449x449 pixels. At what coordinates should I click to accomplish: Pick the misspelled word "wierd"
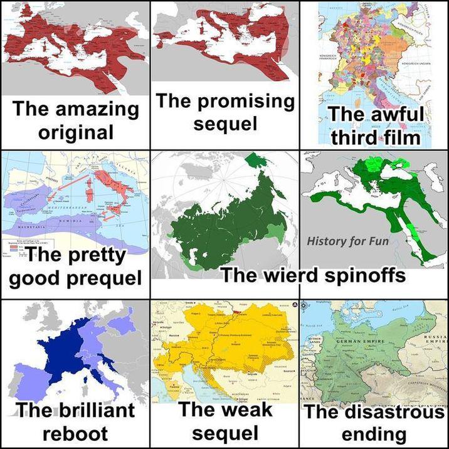pyautogui.click(x=300, y=275)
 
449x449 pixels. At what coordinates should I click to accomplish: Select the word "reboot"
pyautogui.click(x=75, y=433)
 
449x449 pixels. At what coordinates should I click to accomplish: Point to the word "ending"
pyautogui.click(x=374, y=434)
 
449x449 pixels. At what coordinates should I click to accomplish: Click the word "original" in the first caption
pyautogui.click(x=75, y=132)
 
